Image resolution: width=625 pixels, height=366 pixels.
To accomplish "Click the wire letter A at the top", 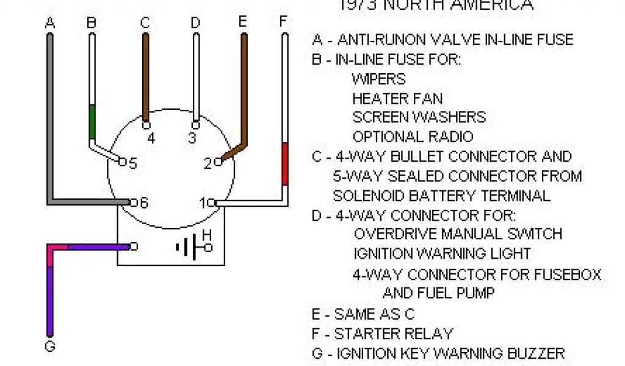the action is pos(50,24).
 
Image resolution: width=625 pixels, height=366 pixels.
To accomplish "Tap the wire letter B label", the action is pos(92,24).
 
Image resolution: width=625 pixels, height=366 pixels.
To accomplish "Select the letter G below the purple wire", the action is pos(50,346).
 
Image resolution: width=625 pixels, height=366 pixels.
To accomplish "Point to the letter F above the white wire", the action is pos(284,22).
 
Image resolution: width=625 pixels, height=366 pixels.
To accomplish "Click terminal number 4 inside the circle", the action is pos(151,138).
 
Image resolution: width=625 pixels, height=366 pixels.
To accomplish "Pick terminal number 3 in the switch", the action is pos(192,138).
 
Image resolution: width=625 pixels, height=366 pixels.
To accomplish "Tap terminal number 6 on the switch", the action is pos(143,203).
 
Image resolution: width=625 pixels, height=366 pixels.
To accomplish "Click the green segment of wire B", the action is pos(92,121).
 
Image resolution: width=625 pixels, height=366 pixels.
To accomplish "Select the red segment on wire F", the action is pos(284,163).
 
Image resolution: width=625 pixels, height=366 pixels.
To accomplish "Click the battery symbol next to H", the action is pos(189,247).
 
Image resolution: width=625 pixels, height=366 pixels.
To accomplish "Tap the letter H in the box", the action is pos(207,235).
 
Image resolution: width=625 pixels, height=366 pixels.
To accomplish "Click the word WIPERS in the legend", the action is pos(378,79).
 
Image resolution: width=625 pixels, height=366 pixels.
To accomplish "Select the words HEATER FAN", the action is pos(397,98).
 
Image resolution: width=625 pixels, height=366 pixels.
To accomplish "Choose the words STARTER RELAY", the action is pos(393,334).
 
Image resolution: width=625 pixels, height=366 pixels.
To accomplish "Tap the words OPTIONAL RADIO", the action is pos(413,137).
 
